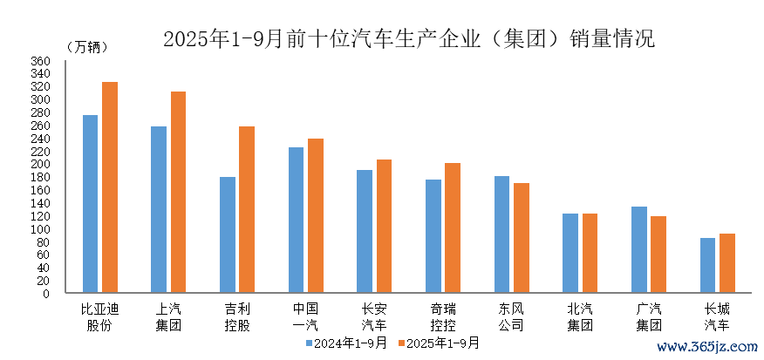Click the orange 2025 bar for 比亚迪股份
(110, 187)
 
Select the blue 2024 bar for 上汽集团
(159, 209)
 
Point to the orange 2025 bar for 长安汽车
(384, 227)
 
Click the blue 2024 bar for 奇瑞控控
(433, 236)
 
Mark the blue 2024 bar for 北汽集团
(570, 253)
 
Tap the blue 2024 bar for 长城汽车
(707, 265)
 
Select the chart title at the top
(408, 38)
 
